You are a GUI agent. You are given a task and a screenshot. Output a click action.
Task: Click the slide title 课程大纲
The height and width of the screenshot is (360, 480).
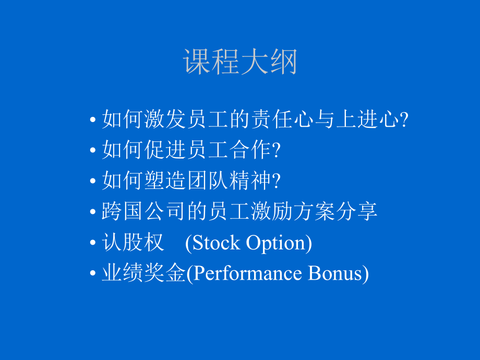[x=240, y=63]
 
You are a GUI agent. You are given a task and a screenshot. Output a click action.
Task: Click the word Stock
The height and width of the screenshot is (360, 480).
[x=217, y=243]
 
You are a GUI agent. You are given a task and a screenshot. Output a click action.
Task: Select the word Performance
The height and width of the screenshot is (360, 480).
[x=245, y=273]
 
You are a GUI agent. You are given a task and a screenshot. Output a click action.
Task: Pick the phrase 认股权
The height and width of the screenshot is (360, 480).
[x=133, y=243]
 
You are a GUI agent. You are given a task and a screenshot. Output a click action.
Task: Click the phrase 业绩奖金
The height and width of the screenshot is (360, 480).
[x=143, y=273]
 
